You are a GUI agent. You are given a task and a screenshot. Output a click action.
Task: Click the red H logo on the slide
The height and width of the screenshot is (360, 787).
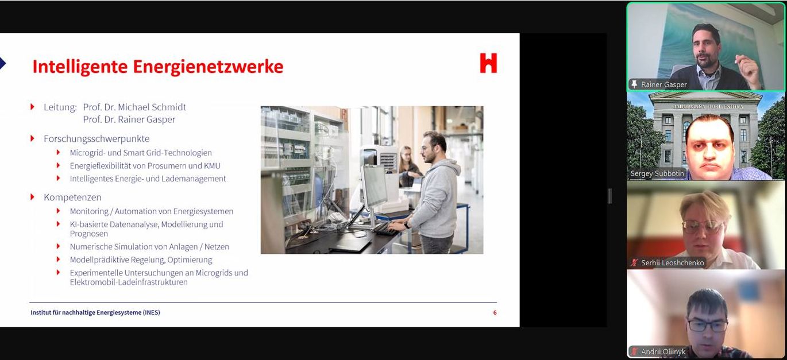tap(488, 63)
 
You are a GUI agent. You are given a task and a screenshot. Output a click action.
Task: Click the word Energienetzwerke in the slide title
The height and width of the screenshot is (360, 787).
tap(208, 67)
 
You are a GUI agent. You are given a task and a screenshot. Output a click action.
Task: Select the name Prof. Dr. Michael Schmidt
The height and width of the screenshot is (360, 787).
tap(134, 107)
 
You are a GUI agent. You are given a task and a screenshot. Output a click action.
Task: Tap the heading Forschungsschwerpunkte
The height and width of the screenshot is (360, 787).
tap(97, 139)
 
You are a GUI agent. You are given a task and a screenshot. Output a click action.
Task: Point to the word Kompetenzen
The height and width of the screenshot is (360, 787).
tap(72, 198)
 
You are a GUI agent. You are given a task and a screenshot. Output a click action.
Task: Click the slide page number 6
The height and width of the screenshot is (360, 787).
tap(495, 312)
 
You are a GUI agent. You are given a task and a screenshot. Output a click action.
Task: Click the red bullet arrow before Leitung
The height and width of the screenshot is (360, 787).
tap(32, 107)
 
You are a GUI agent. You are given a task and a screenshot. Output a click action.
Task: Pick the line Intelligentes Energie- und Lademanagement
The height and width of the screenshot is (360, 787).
tap(148, 179)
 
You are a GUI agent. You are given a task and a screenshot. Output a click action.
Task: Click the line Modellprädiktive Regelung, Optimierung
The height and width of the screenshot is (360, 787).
tap(141, 260)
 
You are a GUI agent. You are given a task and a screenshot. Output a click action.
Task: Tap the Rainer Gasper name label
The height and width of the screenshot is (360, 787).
tap(663, 84)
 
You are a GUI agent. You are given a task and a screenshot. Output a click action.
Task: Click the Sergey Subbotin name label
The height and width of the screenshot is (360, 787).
tap(657, 173)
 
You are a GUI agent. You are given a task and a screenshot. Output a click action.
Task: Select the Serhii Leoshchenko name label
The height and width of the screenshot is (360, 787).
tap(673, 263)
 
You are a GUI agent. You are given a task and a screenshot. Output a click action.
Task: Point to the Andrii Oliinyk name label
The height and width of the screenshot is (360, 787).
tap(663, 351)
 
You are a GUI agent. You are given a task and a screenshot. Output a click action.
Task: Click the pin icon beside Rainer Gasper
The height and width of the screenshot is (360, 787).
tap(634, 84)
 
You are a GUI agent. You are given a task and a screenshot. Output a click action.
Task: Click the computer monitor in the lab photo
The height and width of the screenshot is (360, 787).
tap(375, 187)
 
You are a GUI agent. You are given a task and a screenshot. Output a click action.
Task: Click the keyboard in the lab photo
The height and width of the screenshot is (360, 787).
tap(385, 229)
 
